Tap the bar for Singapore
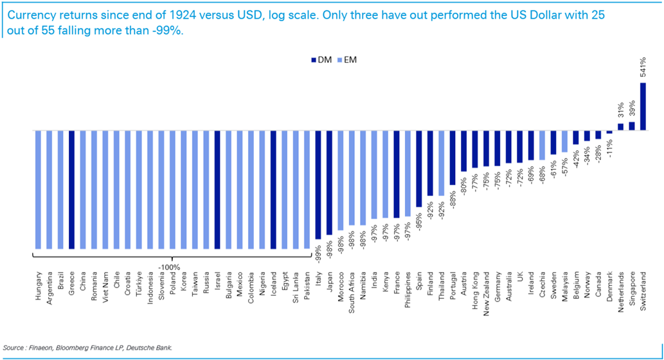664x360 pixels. coord(632,127)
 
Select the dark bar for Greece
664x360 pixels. coord(72,190)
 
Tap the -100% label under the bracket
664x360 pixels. coord(170,266)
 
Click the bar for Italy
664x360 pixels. coord(318,185)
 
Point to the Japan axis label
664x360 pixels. coord(330,282)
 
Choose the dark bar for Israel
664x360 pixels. coord(217,190)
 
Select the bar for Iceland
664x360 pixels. coord(273,190)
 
